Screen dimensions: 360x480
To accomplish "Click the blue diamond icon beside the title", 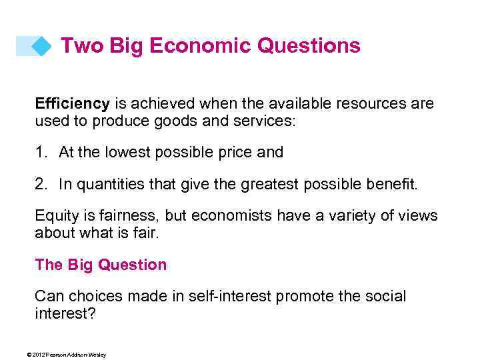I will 42,46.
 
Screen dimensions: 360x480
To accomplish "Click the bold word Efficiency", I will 72,104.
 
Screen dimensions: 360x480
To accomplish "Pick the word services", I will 270,122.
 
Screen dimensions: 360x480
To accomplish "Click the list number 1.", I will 39,153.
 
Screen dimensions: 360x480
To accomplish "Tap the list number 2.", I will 39,185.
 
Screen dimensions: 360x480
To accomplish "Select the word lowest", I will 127,153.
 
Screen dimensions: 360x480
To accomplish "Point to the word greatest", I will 266,185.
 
